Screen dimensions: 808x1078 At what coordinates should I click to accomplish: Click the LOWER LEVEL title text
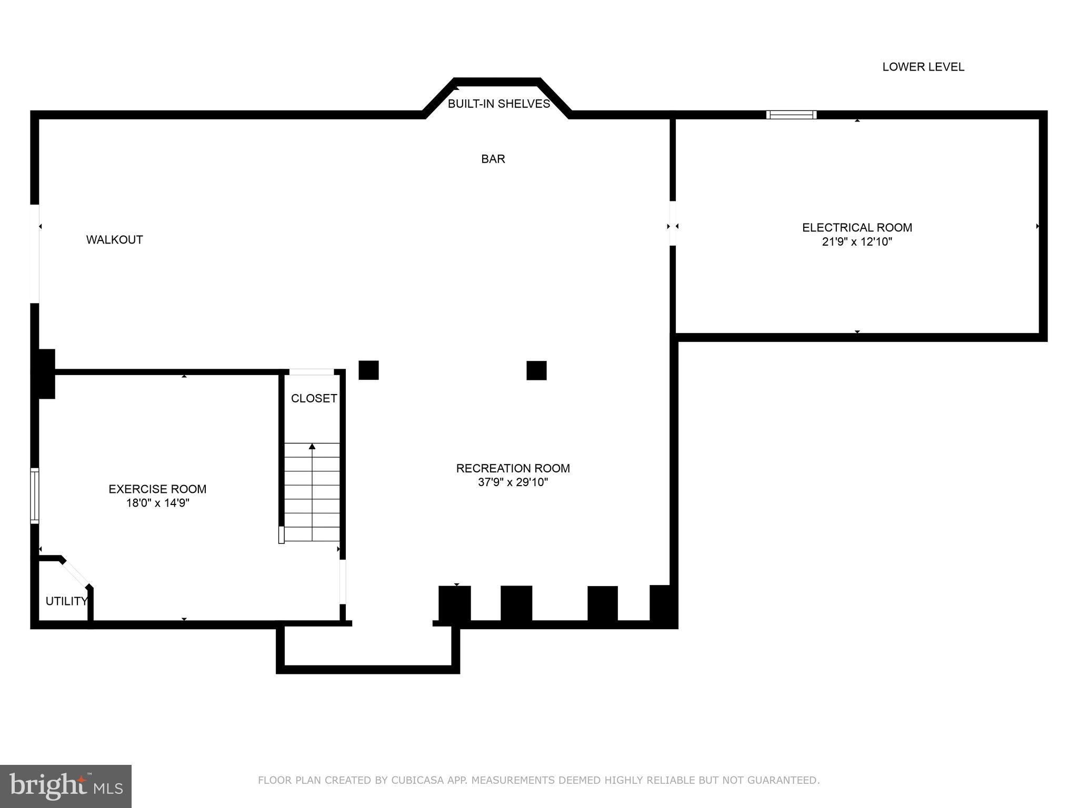coord(923,67)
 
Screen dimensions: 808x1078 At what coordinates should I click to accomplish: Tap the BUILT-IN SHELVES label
coord(498,104)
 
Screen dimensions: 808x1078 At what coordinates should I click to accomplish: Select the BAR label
coord(493,159)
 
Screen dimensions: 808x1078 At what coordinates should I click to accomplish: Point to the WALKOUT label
coord(114,240)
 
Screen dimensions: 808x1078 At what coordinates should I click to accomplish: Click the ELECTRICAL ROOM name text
coord(857,228)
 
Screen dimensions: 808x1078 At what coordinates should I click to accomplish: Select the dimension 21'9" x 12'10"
coord(857,242)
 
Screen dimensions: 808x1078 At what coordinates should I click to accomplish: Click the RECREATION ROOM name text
coord(513,468)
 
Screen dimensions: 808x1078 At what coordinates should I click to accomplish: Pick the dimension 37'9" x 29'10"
coord(513,482)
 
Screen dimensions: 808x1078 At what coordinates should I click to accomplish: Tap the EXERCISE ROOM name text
coord(157,489)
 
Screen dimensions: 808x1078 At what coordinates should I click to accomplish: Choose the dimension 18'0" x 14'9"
coord(157,503)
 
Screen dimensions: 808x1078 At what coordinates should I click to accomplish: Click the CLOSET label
coord(314,399)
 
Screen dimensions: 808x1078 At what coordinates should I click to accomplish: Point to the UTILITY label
coord(66,601)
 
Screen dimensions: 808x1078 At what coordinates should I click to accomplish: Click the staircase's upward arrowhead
coord(312,447)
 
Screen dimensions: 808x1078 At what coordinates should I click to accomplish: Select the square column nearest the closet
coord(368,370)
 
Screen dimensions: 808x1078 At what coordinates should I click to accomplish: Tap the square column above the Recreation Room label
coord(536,370)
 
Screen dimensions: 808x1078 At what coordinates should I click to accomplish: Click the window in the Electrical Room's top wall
coord(791,115)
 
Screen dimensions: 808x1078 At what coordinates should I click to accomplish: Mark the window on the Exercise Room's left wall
coord(34,496)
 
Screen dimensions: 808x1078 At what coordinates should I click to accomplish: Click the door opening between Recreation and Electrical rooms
coord(673,223)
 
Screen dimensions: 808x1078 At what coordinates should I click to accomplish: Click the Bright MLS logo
coord(66,786)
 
